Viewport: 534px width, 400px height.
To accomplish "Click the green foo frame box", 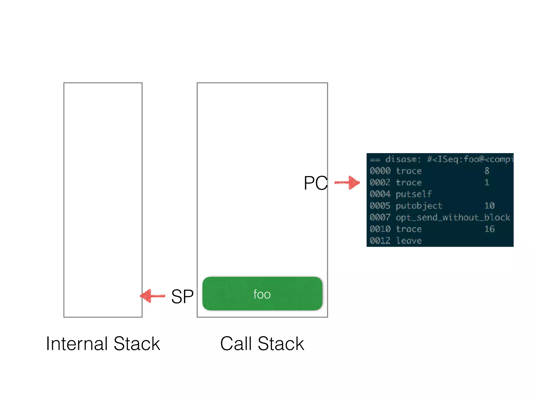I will coord(262,293).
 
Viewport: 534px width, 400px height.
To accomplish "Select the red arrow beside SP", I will coord(153,296).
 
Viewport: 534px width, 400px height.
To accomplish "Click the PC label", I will coord(315,183).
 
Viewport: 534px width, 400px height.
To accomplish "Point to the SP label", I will coord(182,297).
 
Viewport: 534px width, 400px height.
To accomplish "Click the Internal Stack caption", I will coord(103,344).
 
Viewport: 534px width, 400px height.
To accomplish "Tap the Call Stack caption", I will coord(262,344).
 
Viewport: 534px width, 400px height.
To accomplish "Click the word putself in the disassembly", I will coord(414,194).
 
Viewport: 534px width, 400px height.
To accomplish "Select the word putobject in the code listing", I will coord(419,206).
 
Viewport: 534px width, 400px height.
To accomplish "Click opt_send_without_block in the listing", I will coord(453,217).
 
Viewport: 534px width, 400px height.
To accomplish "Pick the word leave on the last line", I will coord(409,241).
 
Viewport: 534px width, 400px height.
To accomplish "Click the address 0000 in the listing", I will coord(380,171).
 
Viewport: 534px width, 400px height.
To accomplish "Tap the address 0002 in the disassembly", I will coord(380,183).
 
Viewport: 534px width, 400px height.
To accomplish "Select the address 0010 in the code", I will coord(380,229).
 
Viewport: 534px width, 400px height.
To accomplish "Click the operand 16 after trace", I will coord(489,229).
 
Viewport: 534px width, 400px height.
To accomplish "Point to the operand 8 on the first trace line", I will coord(487,171).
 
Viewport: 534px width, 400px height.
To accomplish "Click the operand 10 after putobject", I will coord(489,206).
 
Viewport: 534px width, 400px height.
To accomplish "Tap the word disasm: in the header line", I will coord(403,159).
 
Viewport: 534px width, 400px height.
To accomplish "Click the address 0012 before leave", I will coord(380,241).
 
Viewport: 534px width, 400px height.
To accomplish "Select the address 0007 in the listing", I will coord(380,217).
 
